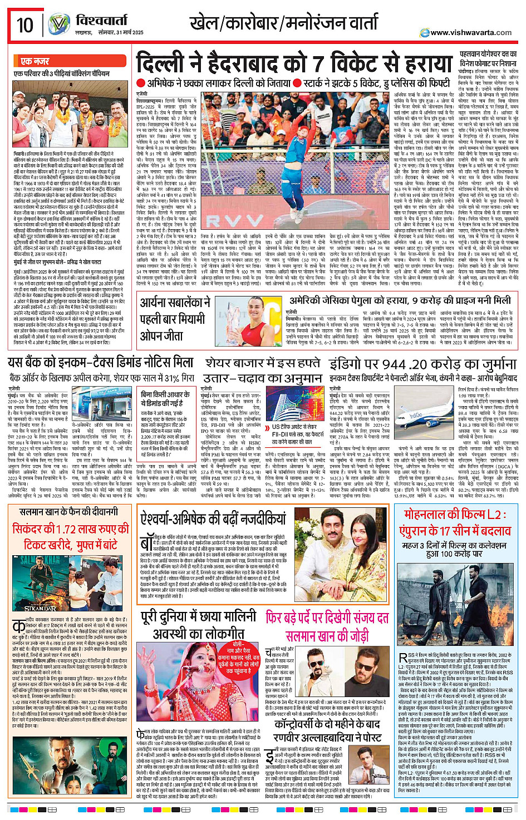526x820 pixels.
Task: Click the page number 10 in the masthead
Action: [25, 25]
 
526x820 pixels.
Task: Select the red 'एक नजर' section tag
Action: [35, 61]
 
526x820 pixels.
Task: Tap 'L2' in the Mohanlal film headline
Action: [493, 515]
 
